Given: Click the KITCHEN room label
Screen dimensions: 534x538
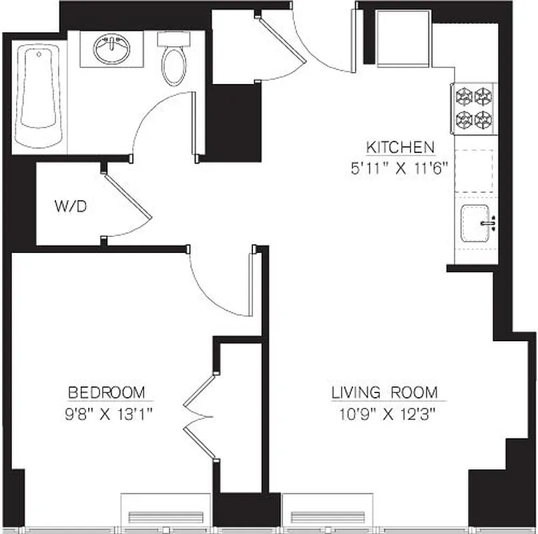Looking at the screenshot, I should [x=400, y=147].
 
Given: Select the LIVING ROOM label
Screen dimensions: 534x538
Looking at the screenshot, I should [x=384, y=392].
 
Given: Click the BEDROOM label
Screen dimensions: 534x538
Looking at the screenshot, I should [x=107, y=392].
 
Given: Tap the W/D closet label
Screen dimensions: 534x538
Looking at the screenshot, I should [x=70, y=207].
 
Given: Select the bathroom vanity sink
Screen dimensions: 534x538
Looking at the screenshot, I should [x=111, y=50].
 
